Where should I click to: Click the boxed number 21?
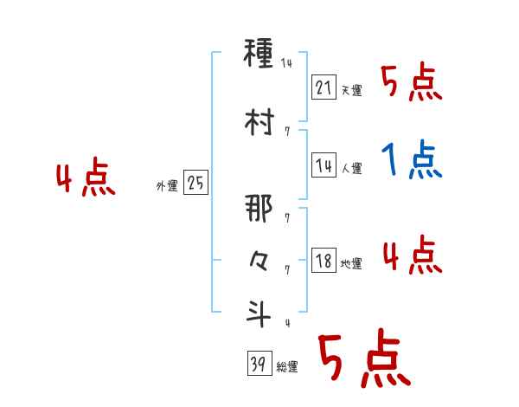pos(324,87)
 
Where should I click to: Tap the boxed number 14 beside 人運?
pos(324,165)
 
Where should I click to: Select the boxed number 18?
pos(324,261)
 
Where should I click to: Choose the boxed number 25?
pos(195,184)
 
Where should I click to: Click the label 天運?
pos(351,90)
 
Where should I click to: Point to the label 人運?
pos(351,168)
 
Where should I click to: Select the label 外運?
pos(167,186)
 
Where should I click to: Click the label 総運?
pos(287,367)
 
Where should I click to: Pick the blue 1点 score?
pos(412,160)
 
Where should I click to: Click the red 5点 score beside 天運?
pos(412,83)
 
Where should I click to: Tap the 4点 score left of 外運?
pos(86,179)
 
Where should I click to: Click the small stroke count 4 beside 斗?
pos(286,324)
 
